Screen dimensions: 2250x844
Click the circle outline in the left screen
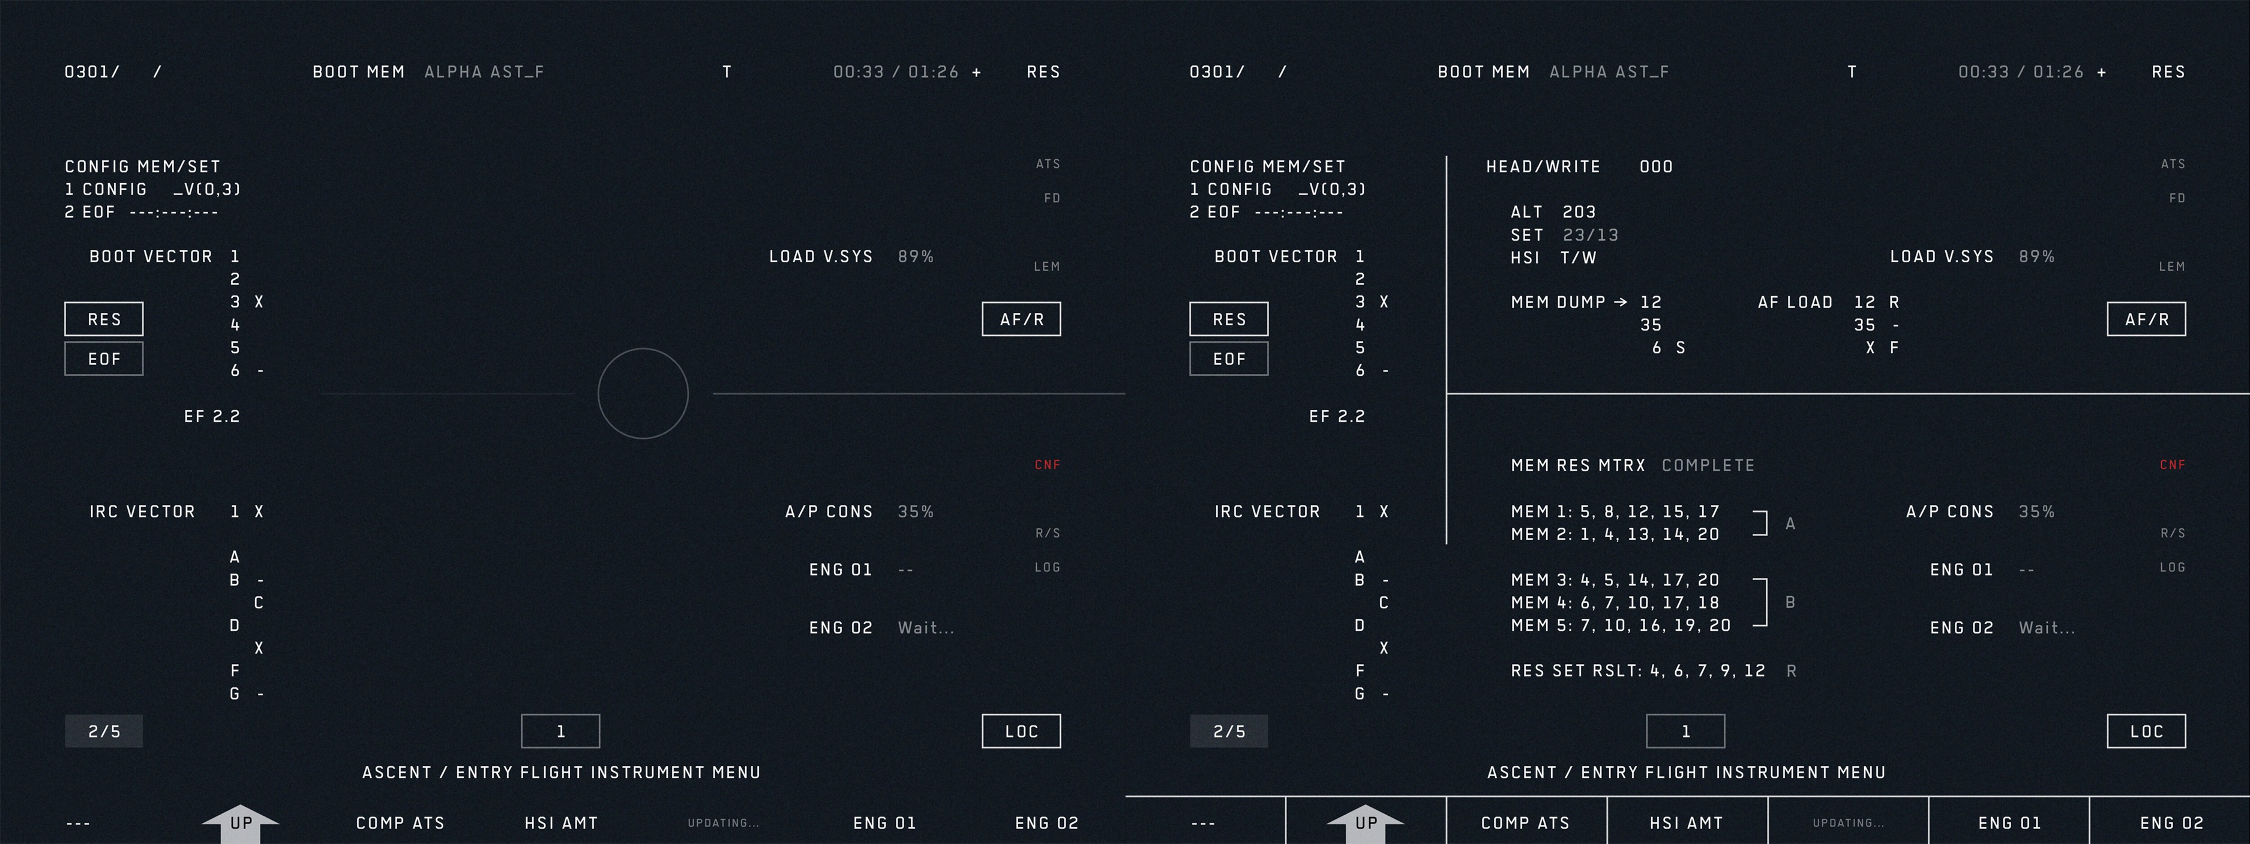[x=643, y=393]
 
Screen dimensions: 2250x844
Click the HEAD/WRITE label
[x=1543, y=167]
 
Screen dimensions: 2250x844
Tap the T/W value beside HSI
[x=1579, y=258]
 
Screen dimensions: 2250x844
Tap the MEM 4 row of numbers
[x=1615, y=603]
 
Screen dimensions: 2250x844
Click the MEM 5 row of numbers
[x=1620, y=625]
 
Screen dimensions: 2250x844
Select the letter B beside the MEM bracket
[x=1790, y=603]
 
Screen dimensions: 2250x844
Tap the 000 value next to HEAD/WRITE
[x=1656, y=167]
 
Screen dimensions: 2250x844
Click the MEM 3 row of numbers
[x=1615, y=580]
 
